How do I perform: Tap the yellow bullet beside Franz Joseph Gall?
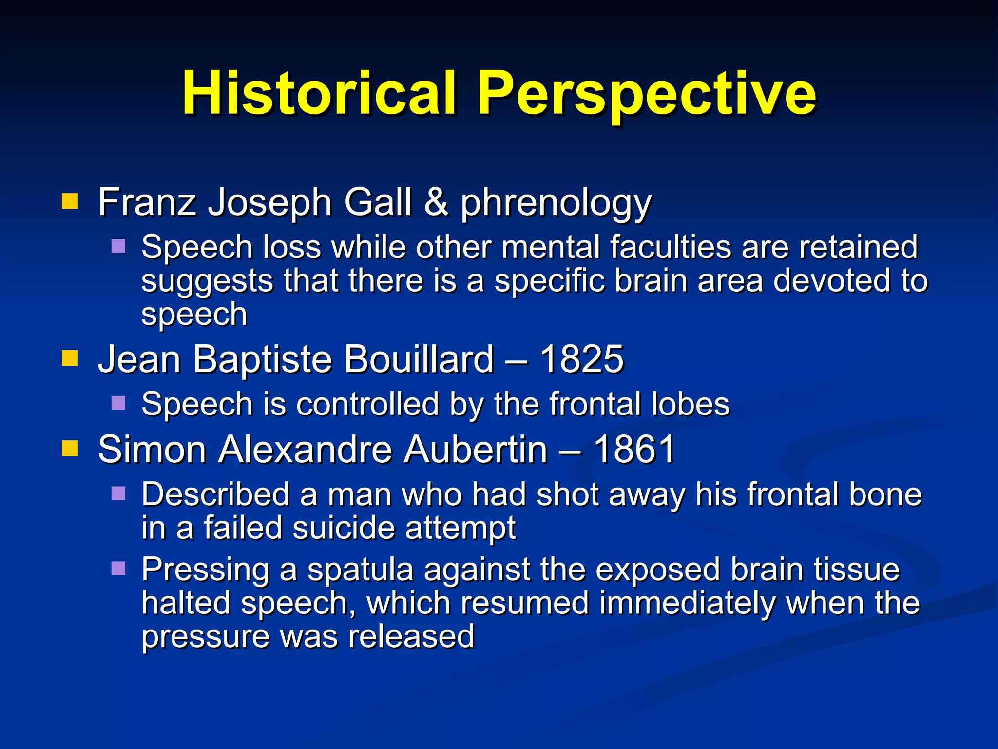point(70,201)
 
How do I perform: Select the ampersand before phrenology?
point(436,202)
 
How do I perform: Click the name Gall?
point(378,202)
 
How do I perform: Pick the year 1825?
point(582,359)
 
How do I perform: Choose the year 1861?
point(634,449)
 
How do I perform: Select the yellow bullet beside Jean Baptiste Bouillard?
point(70,358)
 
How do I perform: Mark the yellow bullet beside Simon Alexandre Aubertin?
point(70,448)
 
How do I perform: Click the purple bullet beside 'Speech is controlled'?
point(118,403)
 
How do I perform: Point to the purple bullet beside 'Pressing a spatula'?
point(118,568)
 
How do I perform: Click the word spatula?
point(360,570)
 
